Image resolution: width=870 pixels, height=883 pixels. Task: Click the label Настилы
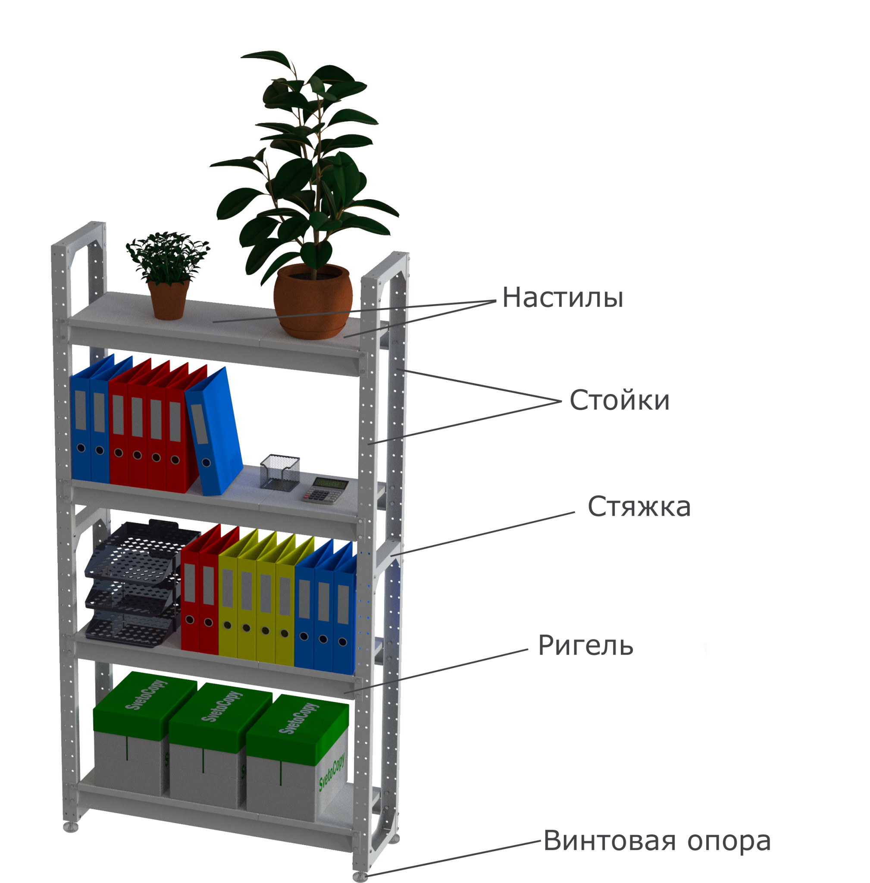pos(563,298)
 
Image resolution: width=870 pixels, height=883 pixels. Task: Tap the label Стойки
pos(619,401)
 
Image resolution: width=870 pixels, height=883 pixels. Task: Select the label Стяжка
pos(639,507)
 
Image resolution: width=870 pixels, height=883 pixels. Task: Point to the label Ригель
pos(585,646)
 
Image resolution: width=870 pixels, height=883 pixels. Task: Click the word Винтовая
pos(609,841)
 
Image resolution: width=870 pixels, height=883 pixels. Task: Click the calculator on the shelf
pos(326,490)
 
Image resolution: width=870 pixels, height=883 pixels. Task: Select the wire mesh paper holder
pos(280,473)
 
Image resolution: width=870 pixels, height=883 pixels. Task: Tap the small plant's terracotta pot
pos(168,300)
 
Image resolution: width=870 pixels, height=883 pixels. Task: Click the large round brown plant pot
pos(313,302)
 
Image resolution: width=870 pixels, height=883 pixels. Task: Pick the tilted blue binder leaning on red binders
pos(214,432)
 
